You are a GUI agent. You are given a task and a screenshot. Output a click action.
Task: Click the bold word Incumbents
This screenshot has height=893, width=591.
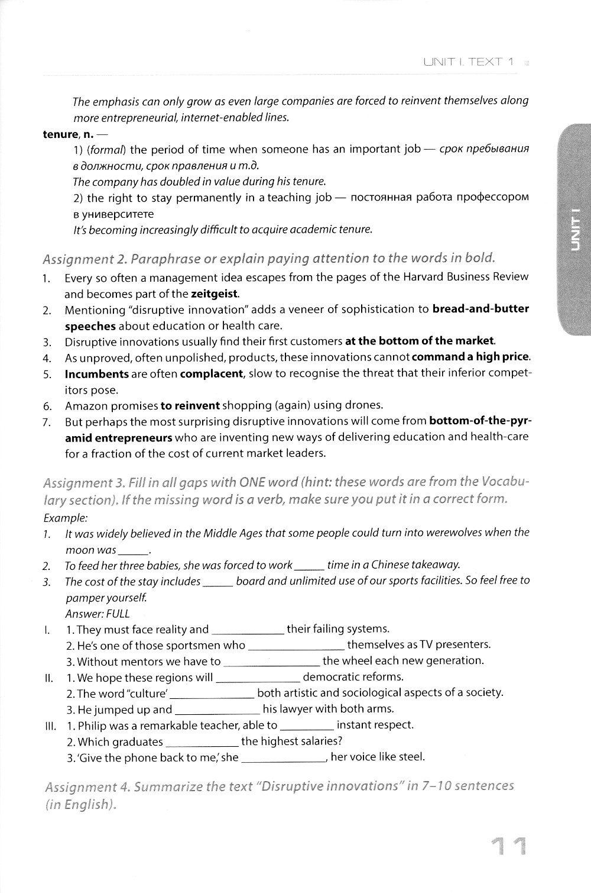coord(96,374)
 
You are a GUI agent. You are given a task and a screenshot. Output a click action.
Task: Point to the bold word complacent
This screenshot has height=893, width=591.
coord(211,374)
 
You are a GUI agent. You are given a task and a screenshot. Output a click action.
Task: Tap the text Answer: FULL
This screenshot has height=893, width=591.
coord(97,614)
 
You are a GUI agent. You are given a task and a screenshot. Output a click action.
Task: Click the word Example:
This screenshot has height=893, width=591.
coord(66,518)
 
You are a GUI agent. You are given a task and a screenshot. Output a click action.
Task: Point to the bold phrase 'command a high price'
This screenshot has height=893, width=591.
coord(470,357)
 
